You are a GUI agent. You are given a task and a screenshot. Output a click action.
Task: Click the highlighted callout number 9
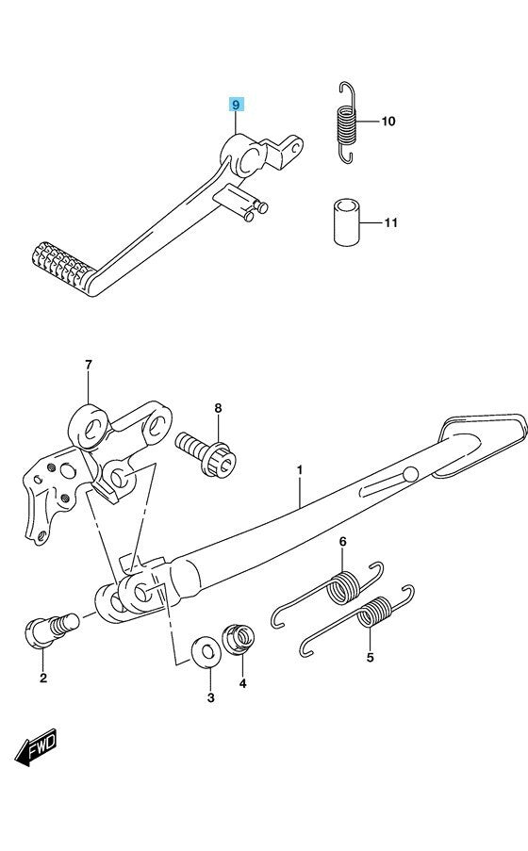point(236,105)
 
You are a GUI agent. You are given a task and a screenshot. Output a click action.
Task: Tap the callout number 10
point(388,121)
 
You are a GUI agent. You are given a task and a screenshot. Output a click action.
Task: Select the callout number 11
point(391,222)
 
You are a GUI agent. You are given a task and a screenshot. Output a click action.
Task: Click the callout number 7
point(88,365)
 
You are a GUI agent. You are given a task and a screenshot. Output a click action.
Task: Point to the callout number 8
point(218,407)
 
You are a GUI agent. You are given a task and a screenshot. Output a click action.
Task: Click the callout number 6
point(343,541)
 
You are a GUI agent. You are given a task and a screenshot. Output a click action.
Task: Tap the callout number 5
point(370,657)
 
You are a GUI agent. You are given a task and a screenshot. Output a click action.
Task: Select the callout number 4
point(243,683)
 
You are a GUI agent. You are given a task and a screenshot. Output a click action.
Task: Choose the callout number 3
point(211,697)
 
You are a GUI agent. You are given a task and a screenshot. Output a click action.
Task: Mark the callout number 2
point(43,678)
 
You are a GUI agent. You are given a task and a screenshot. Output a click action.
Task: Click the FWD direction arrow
point(35,747)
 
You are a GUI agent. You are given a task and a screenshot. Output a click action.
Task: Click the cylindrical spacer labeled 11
point(347,222)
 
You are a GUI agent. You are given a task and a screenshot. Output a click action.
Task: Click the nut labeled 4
point(239,639)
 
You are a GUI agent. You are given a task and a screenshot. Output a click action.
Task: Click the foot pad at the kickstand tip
point(480,444)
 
